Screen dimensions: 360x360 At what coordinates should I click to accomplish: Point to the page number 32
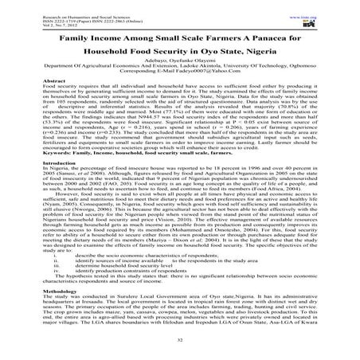[180, 342]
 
